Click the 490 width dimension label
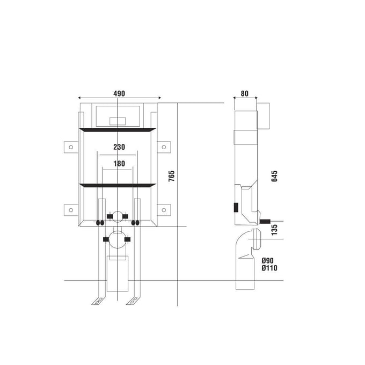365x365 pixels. point(119,93)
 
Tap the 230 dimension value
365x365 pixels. point(119,147)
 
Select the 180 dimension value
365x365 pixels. point(119,164)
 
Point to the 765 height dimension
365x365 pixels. point(171,176)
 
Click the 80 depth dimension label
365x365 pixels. point(244,93)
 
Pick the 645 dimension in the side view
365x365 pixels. point(274,176)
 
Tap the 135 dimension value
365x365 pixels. point(274,230)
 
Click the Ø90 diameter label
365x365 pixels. point(267,260)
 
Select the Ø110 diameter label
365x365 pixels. point(269,268)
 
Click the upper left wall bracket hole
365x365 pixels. point(71,147)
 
